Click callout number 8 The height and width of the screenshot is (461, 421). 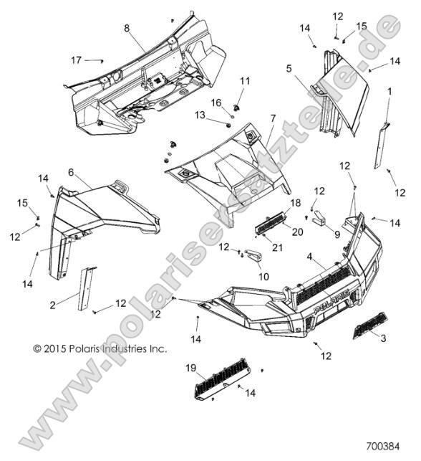pos(127,29)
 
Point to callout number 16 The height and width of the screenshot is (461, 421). pos(216,103)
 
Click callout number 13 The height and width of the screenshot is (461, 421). pos(200,115)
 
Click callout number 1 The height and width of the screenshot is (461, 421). pos(389,91)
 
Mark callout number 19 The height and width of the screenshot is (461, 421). pos(191,368)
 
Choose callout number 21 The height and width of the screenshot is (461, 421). pos(277,247)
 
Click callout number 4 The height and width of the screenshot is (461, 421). pos(309,257)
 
